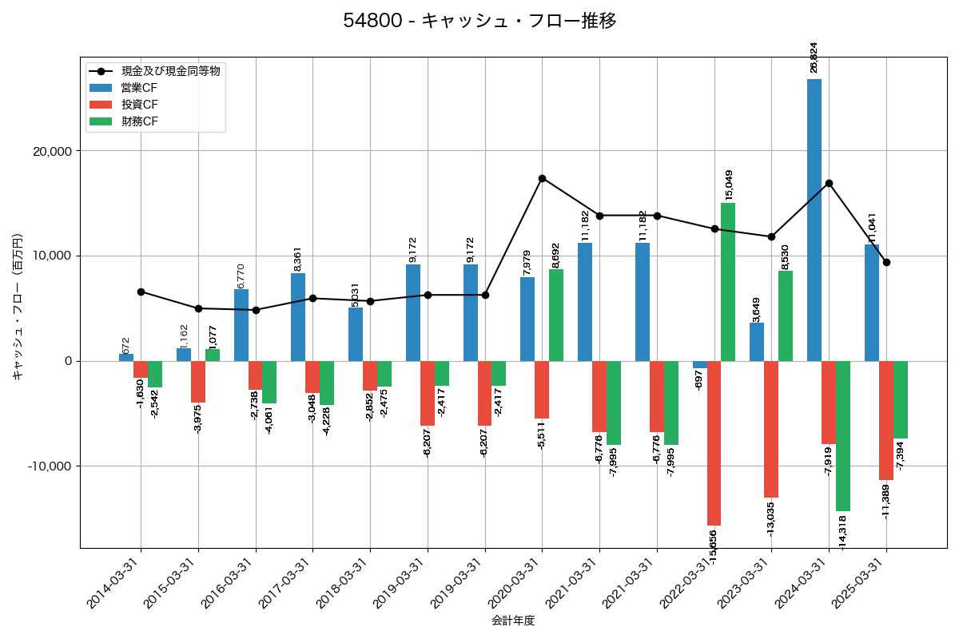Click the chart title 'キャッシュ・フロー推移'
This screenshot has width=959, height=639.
click(x=479, y=21)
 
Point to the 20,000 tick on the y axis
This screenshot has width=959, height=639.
click(x=50, y=151)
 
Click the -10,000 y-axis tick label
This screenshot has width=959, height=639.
click(x=49, y=466)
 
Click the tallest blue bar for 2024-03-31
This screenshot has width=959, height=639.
click(x=814, y=220)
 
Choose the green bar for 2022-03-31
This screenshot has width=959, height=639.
click(x=728, y=282)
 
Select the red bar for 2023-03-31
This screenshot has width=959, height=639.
click(x=771, y=429)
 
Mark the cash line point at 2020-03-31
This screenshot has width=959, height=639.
click(x=542, y=178)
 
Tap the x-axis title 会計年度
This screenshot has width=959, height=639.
click(x=512, y=621)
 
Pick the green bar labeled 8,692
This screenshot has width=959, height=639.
click(x=556, y=315)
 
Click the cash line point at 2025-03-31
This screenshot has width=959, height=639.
click(x=886, y=262)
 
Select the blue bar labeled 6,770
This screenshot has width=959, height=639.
click(x=241, y=325)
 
